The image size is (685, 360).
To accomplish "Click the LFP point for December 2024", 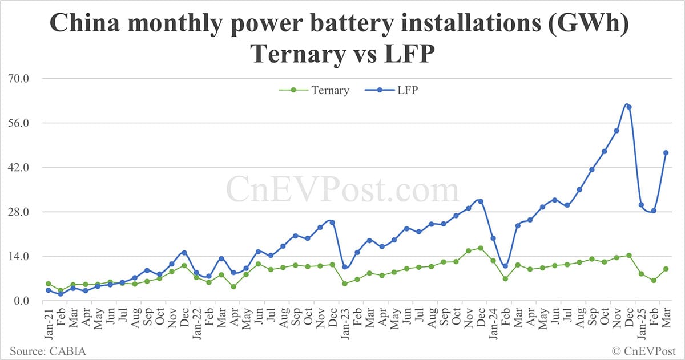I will (x=629, y=107).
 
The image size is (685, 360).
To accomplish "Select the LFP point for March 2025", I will (x=666, y=152).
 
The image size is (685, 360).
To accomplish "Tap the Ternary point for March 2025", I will (x=666, y=269).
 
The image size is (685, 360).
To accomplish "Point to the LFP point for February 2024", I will (x=505, y=266).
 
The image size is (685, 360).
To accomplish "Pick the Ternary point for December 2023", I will (x=481, y=248).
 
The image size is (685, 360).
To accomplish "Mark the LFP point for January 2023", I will (x=345, y=267).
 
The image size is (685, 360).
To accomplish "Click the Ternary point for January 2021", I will (x=49, y=284).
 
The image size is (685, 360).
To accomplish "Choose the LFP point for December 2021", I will (x=184, y=252).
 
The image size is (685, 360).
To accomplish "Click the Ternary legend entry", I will (x=313, y=90).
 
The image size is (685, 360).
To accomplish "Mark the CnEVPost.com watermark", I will (x=342, y=189).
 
